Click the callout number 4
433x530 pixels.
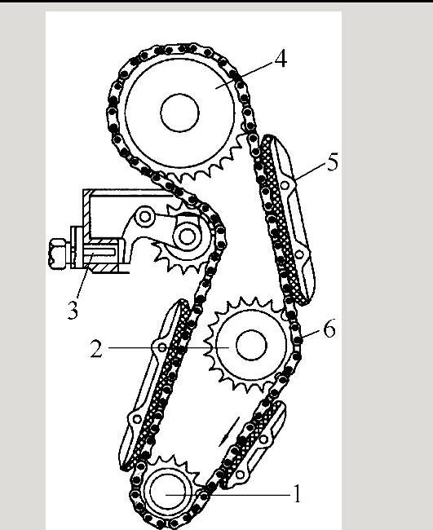click(281, 59)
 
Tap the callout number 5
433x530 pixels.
click(332, 162)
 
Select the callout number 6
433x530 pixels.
click(329, 329)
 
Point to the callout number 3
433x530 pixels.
click(73, 311)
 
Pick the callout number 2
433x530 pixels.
click(96, 349)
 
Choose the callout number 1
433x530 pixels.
click(297, 494)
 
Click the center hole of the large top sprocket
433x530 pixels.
click(180, 113)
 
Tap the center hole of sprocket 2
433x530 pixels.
click(251, 346)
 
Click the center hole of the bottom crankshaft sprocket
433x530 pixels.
click(168, 493)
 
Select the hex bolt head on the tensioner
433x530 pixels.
click(58, 254)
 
